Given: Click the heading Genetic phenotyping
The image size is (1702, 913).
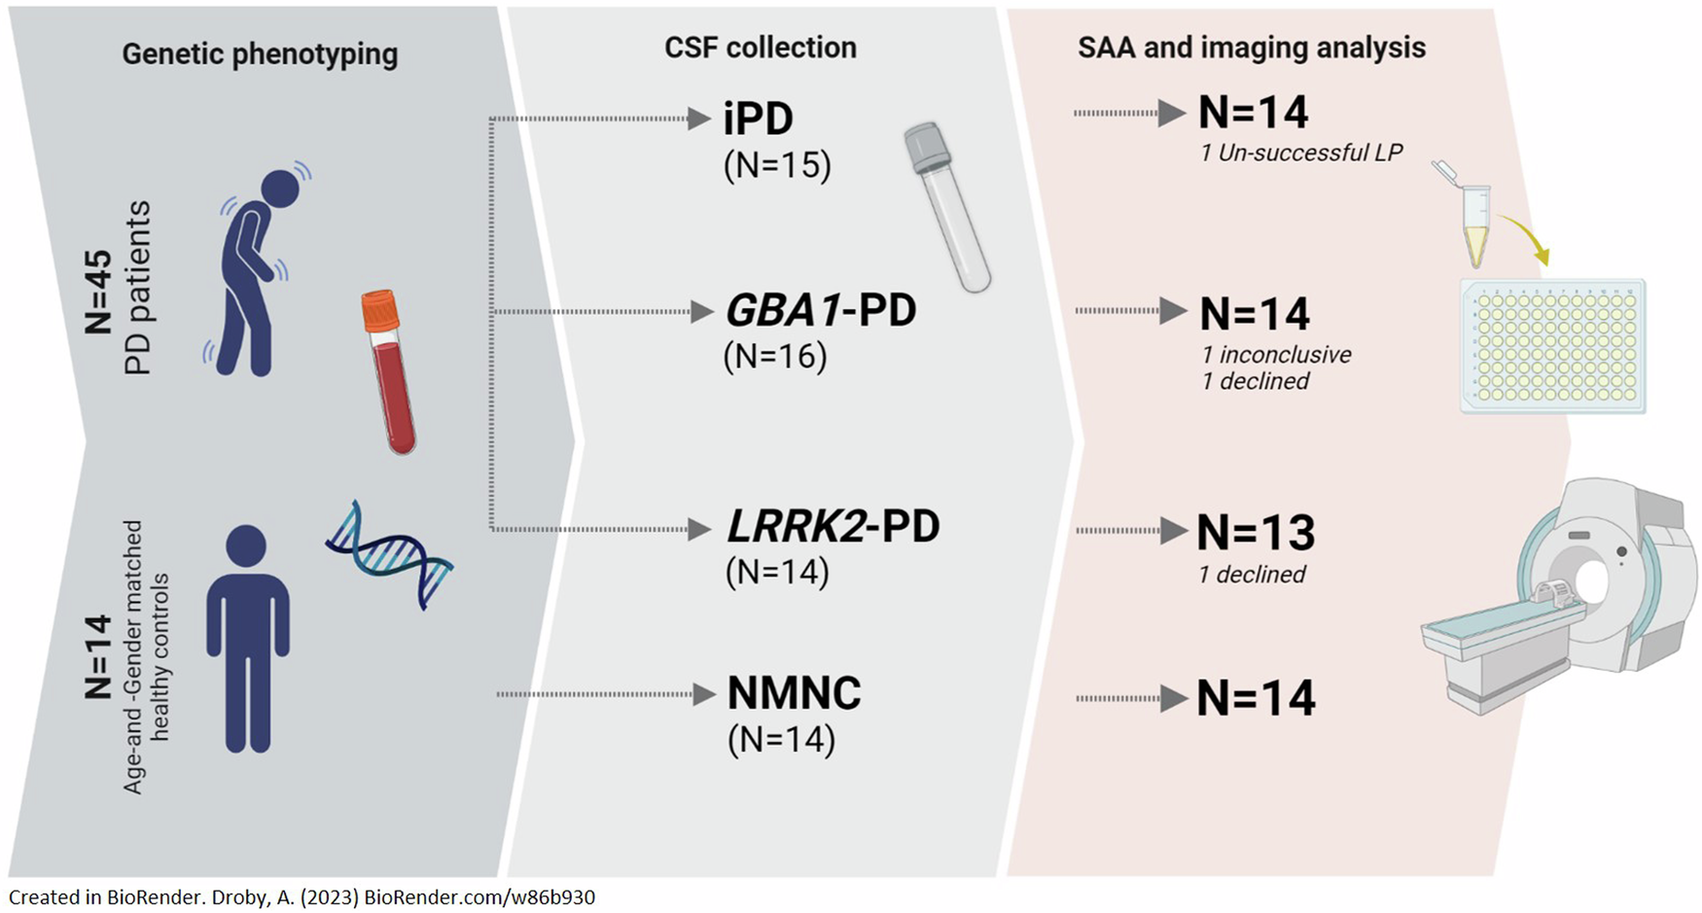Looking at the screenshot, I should click(260, 53).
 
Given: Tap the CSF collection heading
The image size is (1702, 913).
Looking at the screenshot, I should click(760, 48).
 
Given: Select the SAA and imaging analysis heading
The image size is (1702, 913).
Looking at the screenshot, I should click(1252, 48).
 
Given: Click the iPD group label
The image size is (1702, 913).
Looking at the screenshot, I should click(759, 120).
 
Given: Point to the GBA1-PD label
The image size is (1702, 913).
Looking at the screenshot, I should click(821, 311).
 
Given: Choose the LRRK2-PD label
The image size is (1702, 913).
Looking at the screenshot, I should click(833, 527).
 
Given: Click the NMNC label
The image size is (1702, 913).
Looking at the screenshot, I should click(795, 693).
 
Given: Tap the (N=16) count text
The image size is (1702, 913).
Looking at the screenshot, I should click(775, 357).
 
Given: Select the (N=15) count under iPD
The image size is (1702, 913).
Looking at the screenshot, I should click(777, 165).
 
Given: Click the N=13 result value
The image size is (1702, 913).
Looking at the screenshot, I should click(1256, 532).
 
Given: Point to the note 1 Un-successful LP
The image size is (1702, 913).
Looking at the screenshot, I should click(1301, 153).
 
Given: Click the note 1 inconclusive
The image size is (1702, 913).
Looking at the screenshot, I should click(1276, 355).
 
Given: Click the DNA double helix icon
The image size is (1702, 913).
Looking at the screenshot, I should click(389, 555).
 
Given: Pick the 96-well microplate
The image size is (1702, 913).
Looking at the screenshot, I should click(1553, 345).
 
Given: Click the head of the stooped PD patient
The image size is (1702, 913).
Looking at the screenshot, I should click(280, 189).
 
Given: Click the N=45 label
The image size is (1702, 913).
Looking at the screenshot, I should click(98, 293).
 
